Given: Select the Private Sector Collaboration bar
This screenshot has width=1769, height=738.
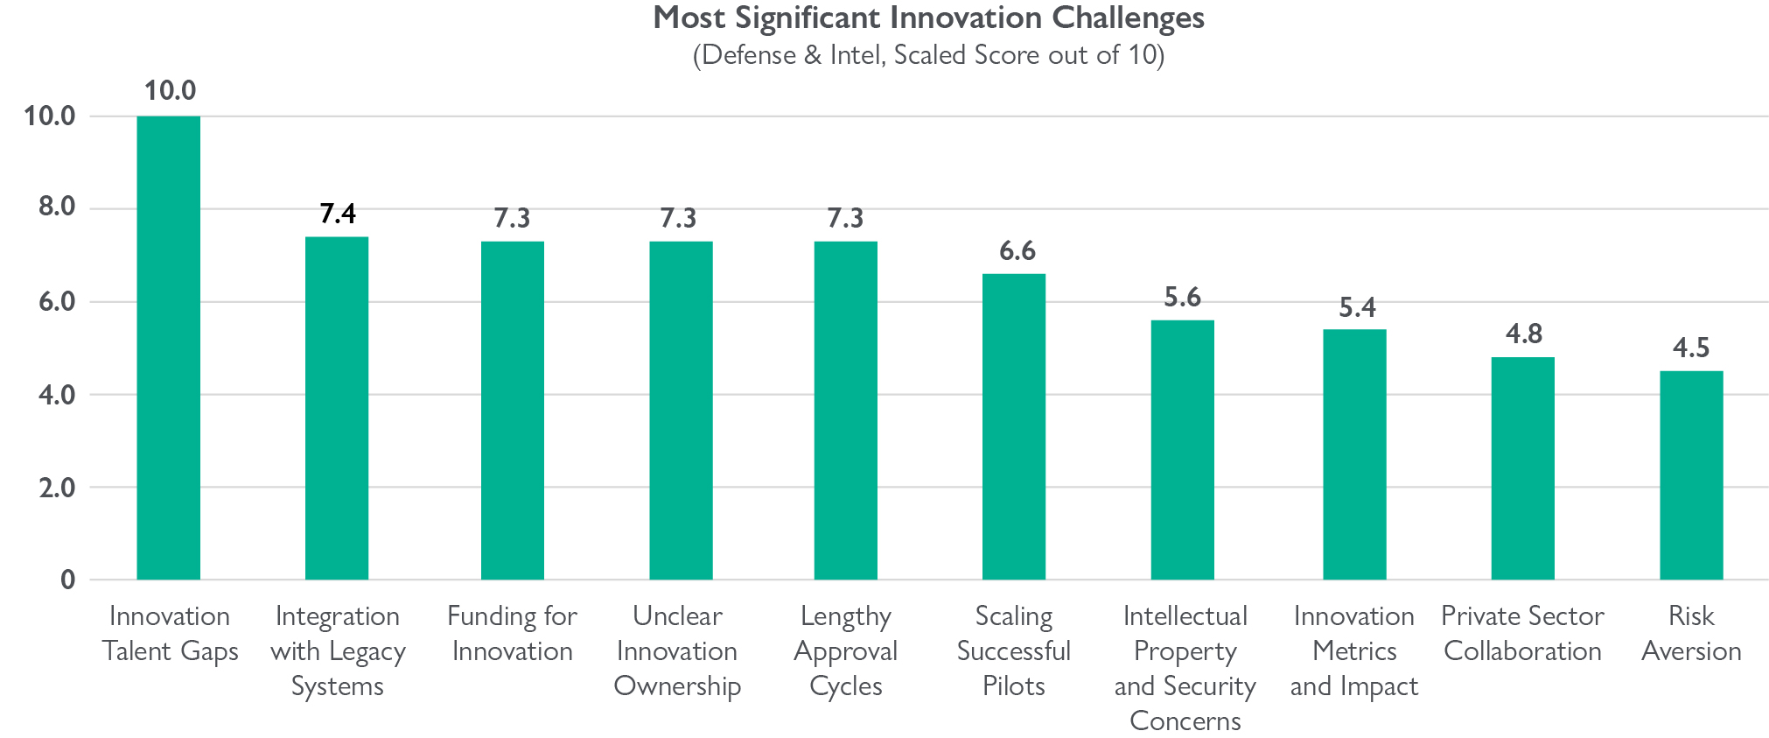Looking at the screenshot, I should click(1522, 468).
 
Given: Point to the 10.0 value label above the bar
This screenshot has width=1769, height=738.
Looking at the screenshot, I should click(170, 90).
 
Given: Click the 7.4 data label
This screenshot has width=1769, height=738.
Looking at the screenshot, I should click(338, 214).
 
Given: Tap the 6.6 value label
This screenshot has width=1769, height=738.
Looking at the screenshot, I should click(1017, 251).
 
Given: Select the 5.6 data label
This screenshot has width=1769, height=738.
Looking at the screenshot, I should click(1182, 298).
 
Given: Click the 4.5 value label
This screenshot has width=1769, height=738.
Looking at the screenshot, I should click(1691, 348).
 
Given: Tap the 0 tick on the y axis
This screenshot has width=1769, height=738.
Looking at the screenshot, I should click(68, 580).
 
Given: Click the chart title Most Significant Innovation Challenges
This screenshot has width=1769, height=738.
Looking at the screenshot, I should click(928, 18).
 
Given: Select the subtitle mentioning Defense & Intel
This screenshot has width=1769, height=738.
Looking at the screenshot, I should click(928, 55).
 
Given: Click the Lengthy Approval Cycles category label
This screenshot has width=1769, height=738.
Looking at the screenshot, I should click(845, 650).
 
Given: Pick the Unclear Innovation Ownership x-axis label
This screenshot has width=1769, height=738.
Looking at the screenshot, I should click(677, 650).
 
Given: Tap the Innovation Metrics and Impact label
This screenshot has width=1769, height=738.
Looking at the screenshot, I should click(1353, 650).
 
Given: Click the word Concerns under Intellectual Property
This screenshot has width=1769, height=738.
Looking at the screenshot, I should click(1185, 720).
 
